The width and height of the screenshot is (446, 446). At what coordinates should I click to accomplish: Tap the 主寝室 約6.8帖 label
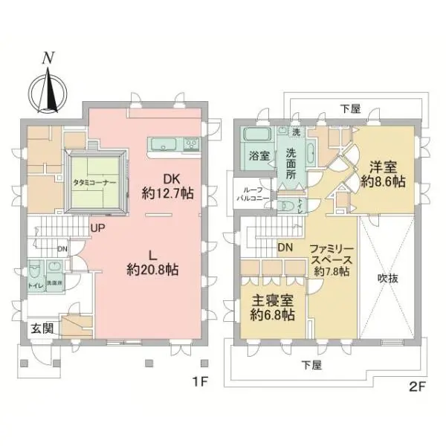[271, 308]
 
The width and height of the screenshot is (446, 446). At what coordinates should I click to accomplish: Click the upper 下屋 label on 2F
[350, 109]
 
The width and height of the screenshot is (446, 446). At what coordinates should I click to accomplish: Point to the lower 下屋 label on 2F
[311, 365]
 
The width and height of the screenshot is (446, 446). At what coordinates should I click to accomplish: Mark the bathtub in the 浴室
[257, 137]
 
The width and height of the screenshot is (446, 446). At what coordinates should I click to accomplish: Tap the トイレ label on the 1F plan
[35, 283]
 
